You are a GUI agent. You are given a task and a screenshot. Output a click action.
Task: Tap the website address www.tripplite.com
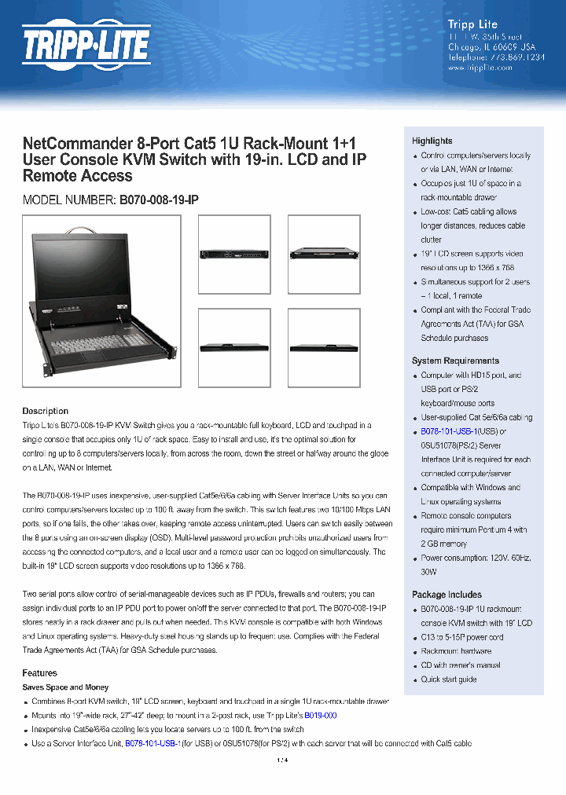tap(480, 68)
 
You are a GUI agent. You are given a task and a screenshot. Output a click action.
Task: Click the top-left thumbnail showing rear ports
tap(233, 254)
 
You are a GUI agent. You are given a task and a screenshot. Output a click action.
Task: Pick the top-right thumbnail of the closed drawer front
tap(324, 254)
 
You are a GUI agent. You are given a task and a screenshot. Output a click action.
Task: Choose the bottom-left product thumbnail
tap(233, 346)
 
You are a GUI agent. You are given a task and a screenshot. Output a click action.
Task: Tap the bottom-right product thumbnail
tap(324, 346)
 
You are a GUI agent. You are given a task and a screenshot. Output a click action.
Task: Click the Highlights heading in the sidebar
tap(432, 141)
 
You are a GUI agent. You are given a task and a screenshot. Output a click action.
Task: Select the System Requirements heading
tap(455, 361)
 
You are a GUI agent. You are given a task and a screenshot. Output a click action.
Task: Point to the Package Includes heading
tap(447, 595)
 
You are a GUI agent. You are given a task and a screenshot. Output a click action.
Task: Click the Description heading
tap(46, 411)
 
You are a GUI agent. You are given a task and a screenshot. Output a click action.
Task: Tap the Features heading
tap(40, 673)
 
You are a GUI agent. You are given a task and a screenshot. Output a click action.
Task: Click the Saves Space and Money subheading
tap(65, 687)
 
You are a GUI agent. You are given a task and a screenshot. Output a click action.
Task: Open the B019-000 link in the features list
tap(320, 716)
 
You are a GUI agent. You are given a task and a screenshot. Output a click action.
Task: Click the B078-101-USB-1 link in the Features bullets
tap(153, 743)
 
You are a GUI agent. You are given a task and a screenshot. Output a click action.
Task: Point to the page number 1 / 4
tap(282, 760)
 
